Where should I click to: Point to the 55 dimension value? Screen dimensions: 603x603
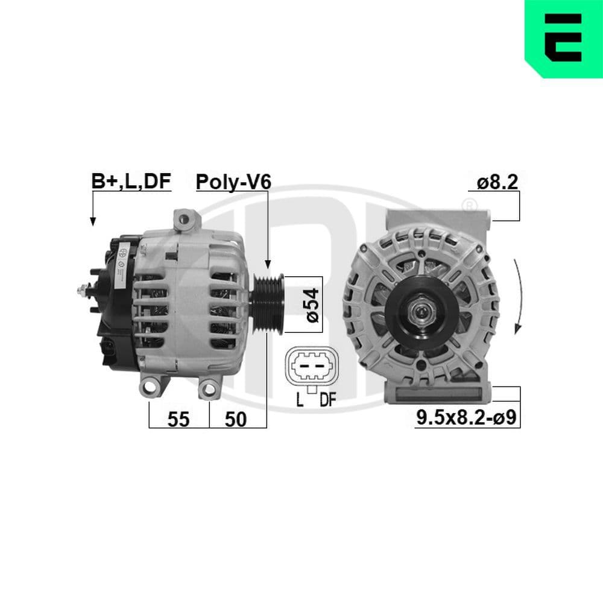coord(178,419)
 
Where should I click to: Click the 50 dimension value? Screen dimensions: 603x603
coord(236,419)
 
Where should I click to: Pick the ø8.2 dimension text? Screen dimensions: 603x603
coord(497,182)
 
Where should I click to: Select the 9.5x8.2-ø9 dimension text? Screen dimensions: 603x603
coord(467,418)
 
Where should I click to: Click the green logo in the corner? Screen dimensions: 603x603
coord(563,39)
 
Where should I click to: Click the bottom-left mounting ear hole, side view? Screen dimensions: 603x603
coord(149,388)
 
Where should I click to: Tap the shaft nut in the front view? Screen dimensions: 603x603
coord(420,312)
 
